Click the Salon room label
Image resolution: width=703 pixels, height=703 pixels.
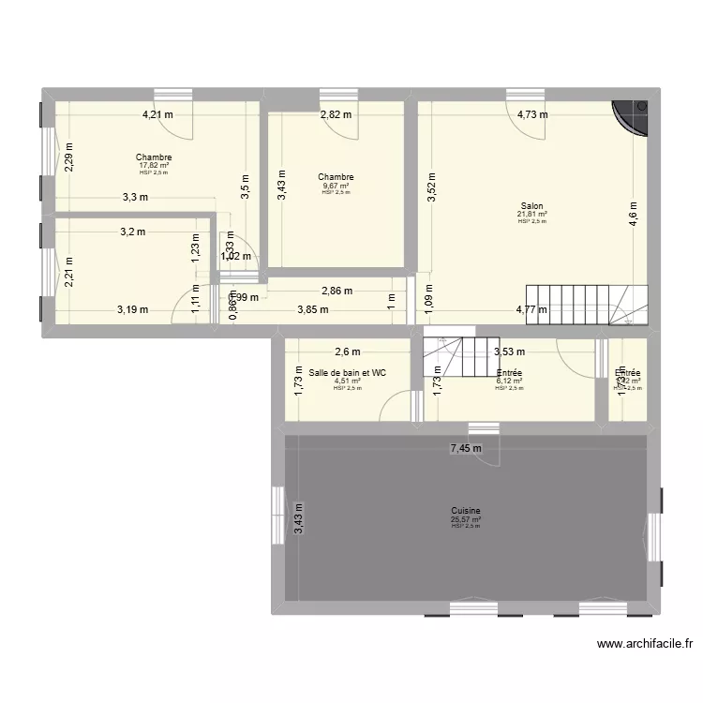pos(531,206)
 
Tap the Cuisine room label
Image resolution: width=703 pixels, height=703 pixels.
pos(465,511)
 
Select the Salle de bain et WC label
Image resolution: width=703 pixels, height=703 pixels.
pos(347,372)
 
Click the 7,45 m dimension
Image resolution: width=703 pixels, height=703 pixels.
pos(465,448)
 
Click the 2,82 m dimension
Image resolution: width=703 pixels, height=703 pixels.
pos(336,115)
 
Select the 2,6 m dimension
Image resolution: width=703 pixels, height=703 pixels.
pos(347,351)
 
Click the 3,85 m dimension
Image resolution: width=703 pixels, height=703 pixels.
pos(313,309)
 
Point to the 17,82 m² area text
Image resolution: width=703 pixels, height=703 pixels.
pos(153,165)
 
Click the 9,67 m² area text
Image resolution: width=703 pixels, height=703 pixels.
pos(335,185)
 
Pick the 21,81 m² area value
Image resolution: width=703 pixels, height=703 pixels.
pos(531,214)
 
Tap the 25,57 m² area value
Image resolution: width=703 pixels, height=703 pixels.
pos(465,518)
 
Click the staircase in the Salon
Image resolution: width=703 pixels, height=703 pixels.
pos(586,304)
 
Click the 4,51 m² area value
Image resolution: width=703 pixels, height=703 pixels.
pos(347,381)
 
